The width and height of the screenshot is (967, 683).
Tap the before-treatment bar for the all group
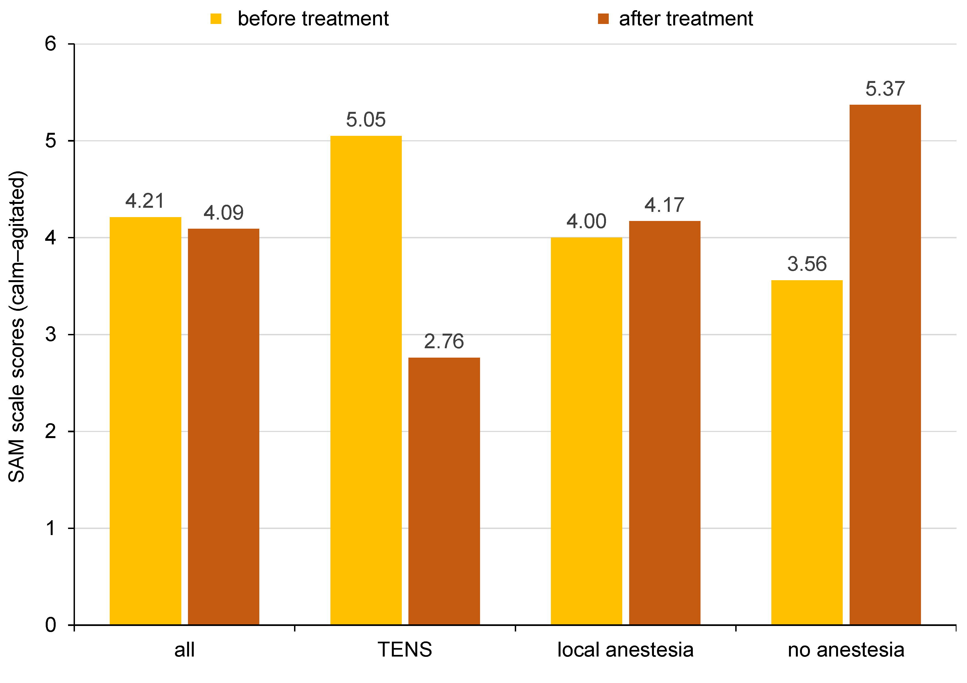coord(145,421)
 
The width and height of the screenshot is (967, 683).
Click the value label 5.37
coord(885,89)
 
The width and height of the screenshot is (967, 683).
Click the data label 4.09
coord(223,213)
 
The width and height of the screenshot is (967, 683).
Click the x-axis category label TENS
coord(405,650)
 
